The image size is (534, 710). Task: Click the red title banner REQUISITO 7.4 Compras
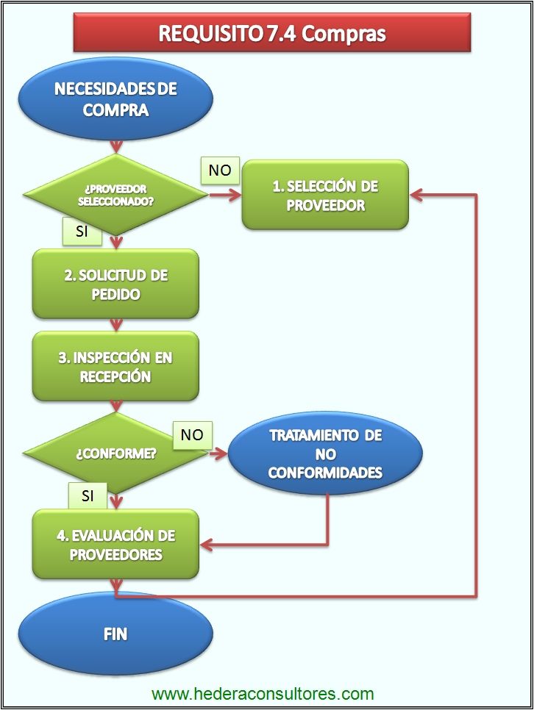pos(272,33)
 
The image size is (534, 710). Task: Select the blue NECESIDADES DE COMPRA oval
pos(115,99)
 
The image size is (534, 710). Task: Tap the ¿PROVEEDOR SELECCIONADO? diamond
pos(115,195)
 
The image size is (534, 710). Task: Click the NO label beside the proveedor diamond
pos(220,171)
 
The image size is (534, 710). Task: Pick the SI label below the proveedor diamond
pos(82,231)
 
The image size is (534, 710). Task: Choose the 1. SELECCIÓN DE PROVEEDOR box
pos(325,195)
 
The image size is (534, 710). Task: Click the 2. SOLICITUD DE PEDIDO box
pos(115,284)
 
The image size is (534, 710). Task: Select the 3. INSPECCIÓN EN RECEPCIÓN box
pos(115,367)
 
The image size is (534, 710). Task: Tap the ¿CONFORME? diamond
pos(115,453)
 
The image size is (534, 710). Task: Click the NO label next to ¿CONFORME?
pos(192,434)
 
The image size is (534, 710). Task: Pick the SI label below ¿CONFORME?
pos(88,496)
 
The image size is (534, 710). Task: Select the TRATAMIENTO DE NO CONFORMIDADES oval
pos(325,453)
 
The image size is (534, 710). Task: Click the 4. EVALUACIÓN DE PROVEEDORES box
pos(115,545)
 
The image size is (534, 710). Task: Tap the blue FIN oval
pos(115,633)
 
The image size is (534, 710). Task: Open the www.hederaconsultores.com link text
pos(263,694)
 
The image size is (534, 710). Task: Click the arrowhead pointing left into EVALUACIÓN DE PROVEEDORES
pos(207,545)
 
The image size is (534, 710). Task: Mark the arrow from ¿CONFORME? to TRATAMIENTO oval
pos(218,454)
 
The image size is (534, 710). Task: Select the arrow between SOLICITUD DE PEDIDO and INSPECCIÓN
pos(115,324)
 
